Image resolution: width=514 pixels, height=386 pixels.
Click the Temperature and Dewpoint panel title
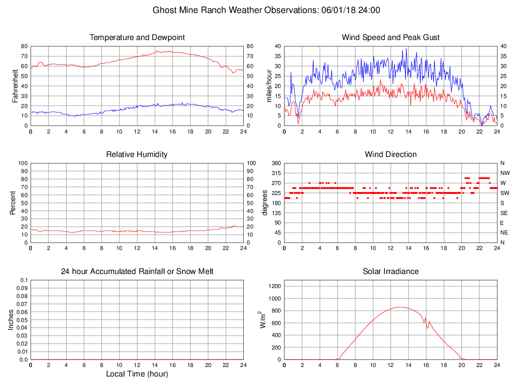(x=137, y=37)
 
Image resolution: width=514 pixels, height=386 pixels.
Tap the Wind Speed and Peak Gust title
(x=390, y=37)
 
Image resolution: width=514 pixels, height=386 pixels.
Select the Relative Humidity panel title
(x=137, y=154)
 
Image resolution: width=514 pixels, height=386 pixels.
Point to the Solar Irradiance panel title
(x=390, y=271)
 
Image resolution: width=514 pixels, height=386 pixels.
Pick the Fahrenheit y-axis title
(x=15, y=85)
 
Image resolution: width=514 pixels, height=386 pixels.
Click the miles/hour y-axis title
(x=269, y=85)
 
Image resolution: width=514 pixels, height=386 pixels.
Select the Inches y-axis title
(x=11, y=319)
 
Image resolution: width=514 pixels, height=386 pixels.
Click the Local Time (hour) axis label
(x=137, y=374)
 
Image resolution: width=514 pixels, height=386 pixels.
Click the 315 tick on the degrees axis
(x=275, y=173)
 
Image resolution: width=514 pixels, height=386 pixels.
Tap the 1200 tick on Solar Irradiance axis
(x=274, y=286)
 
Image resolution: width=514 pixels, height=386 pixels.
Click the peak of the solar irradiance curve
(x=400, y=307)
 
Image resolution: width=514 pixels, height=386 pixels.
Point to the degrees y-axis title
(x=265, y=202)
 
